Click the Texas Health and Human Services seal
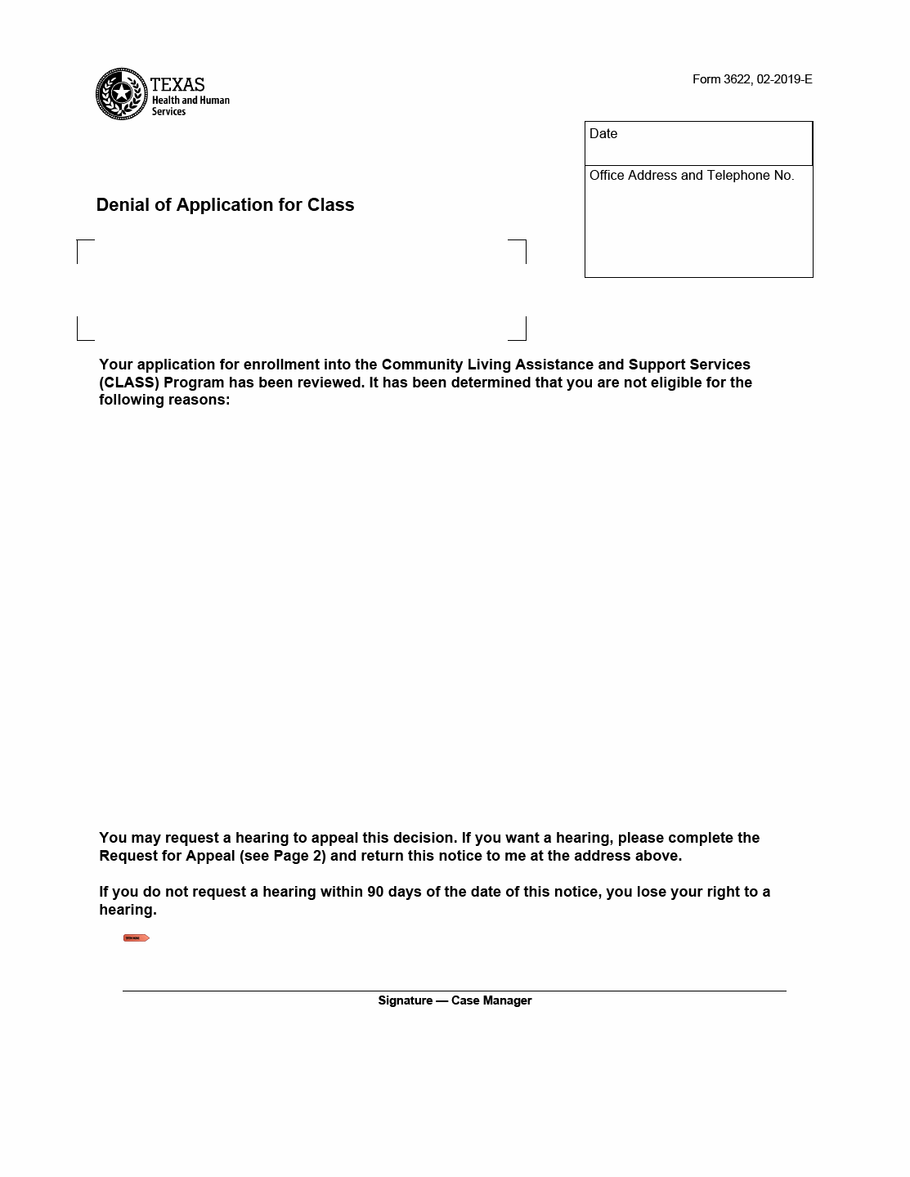point(121,94)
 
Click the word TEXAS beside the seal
point(177,84)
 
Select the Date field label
point(603,134)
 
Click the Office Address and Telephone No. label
point(691,176)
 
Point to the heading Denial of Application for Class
point(225,205)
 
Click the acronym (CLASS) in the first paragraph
point(129,383)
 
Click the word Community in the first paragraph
point(422,365)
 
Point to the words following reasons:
point(164,400)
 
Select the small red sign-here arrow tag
point(136,938)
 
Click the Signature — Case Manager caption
point(455,1000)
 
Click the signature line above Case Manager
point(455,991)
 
